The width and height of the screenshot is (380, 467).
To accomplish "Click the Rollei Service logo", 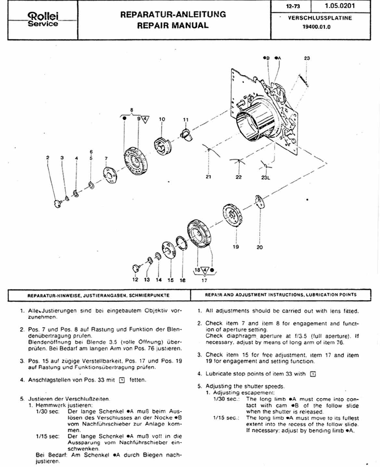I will click(x=43, y=20).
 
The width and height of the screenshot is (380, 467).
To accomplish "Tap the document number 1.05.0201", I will click(x=340, y=6).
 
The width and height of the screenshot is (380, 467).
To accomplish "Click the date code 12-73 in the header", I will click(x=293, y=6).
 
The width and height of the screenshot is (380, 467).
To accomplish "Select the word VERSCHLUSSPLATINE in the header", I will click(x=320, y=18).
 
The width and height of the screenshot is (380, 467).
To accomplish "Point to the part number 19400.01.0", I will click(x=316, y=27).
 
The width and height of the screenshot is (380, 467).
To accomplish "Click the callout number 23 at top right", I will click(x=307, y=58).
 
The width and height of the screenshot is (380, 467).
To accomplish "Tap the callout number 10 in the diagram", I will click(x=162, y=119).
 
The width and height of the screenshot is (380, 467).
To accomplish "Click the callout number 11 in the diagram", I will click(x=186, y=119).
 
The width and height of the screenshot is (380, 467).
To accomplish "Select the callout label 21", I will click(x=208, y=177).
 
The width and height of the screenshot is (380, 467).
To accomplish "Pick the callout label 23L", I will click(x=266, y=177).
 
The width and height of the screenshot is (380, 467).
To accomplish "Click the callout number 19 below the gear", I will click(x=236, y=247).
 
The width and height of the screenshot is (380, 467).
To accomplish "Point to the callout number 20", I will click(x=259, y=247).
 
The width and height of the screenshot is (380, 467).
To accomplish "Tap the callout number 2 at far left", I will click(x=48, y=157).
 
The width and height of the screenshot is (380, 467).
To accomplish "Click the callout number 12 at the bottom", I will click(x=135, y=280).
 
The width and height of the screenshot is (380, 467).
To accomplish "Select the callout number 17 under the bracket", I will click(x=204, y=280).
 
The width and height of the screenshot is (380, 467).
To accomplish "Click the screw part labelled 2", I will click(x=57, y=203).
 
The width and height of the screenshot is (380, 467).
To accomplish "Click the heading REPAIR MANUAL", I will click(x=173, y=25).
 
